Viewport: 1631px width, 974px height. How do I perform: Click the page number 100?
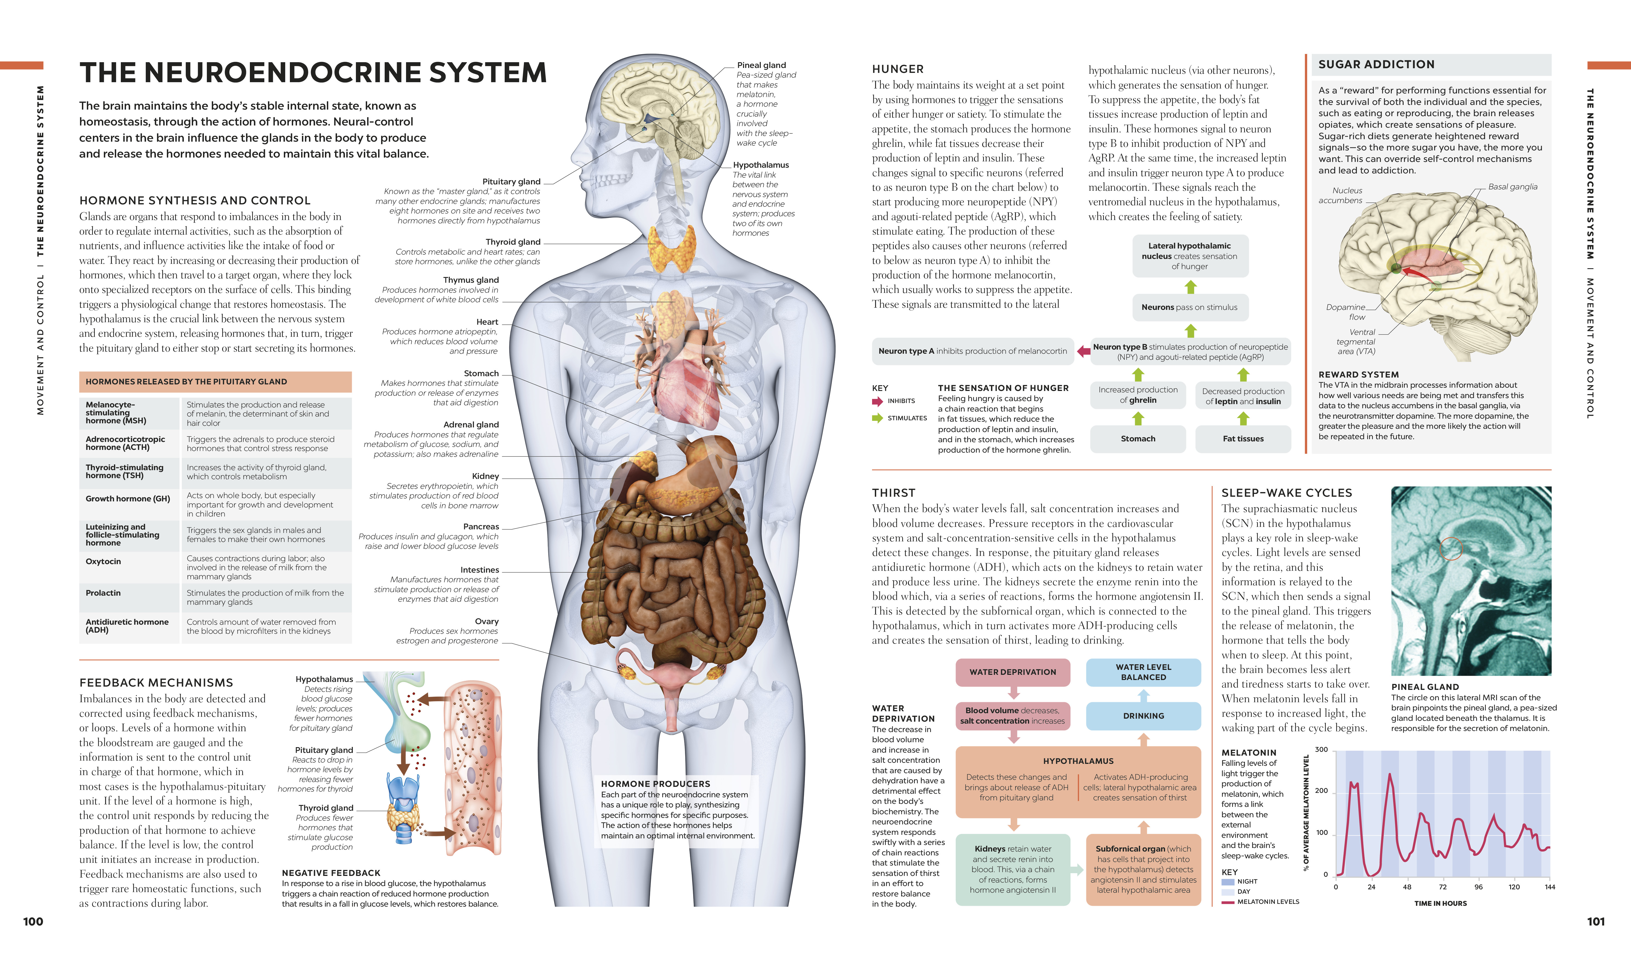(33, 921)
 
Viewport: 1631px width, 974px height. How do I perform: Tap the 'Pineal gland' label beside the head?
(761, 65)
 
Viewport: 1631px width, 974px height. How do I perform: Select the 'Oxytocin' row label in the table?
(103, 562)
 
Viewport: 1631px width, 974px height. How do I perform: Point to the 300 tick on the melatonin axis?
(1321, 750)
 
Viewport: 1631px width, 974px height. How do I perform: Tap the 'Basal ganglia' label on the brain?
(1512, 187)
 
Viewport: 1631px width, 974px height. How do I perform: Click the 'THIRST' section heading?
(893, 493)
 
